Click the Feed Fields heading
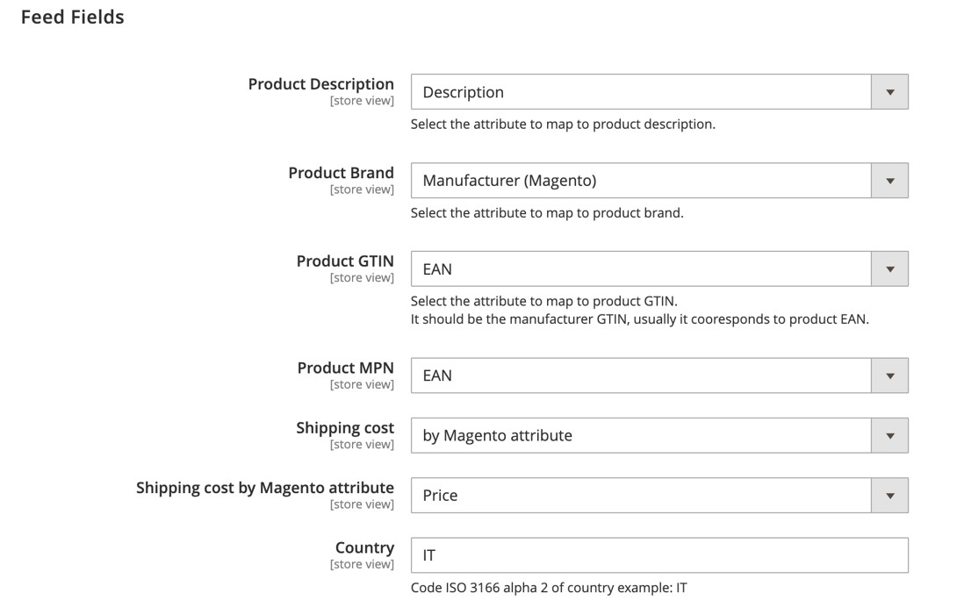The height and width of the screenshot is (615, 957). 72,18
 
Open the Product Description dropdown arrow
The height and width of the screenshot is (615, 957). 889,92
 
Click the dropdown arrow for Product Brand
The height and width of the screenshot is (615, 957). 889,181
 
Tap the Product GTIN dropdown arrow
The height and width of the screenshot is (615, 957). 889,269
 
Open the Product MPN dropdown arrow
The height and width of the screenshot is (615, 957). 889,375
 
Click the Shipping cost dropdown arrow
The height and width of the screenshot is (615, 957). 889,435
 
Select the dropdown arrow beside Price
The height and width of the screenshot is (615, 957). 889,496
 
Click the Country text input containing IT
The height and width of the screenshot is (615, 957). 658,555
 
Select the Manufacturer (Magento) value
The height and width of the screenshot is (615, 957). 509,181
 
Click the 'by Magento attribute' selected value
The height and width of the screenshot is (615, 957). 497,435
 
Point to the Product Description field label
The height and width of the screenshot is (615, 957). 320,84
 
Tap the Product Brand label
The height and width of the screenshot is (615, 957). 341,173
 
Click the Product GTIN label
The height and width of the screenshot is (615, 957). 345,261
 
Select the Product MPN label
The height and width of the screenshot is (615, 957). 345,368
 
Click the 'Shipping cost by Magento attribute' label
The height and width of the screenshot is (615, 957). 265,488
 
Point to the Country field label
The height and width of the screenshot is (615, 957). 364,547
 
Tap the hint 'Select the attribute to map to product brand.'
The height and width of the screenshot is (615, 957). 546,213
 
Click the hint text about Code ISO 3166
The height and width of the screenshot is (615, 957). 548,588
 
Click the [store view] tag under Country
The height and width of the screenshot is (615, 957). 362,564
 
